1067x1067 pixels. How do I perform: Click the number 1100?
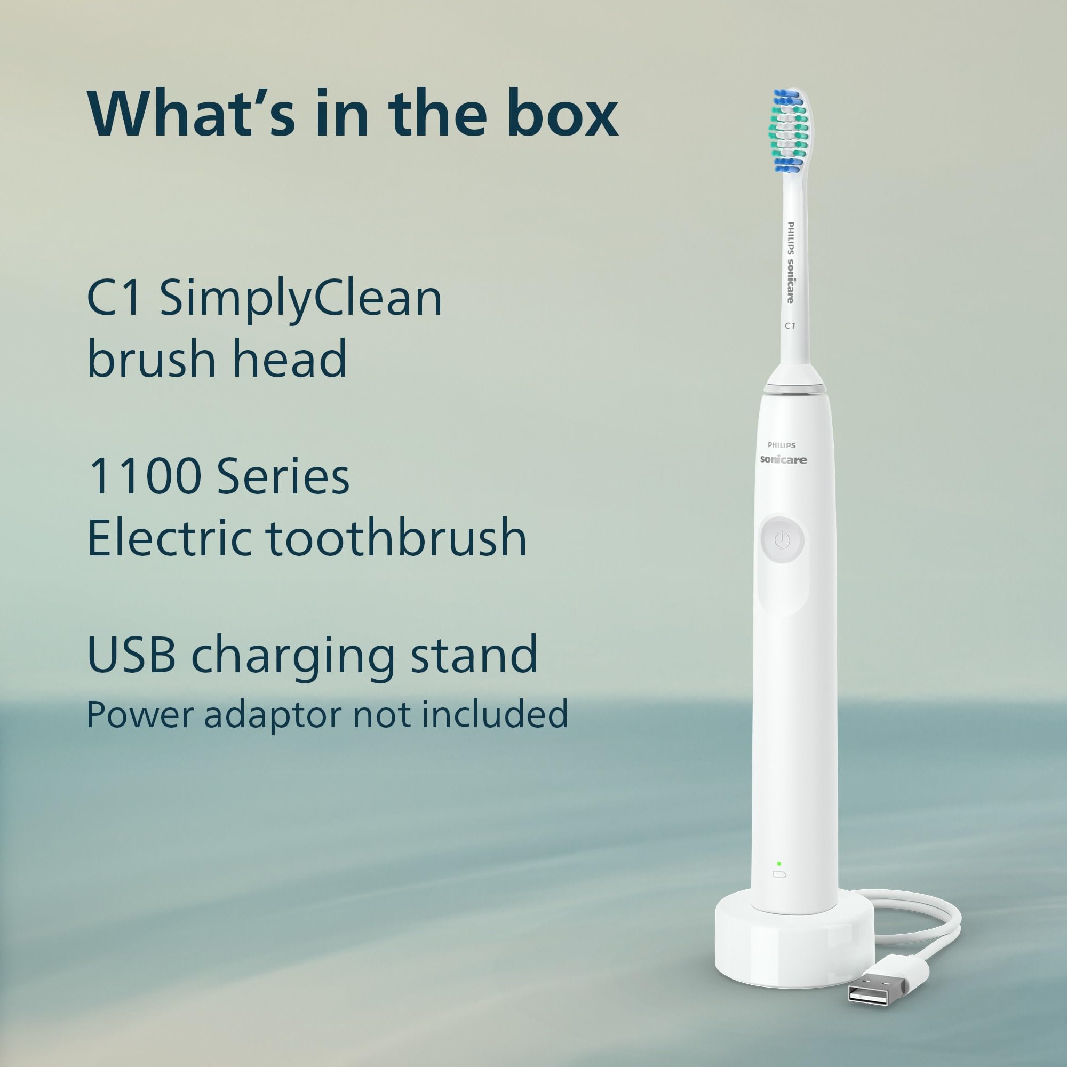(145, 476)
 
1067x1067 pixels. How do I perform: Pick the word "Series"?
(283, 476)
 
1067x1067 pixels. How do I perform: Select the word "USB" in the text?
(131, 655)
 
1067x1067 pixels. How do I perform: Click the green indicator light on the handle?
(779, 863)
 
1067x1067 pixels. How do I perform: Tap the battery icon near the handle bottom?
(779, 874)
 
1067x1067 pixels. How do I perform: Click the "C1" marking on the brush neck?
(790, 326)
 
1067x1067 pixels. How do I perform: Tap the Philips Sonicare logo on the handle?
(783, 454)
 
